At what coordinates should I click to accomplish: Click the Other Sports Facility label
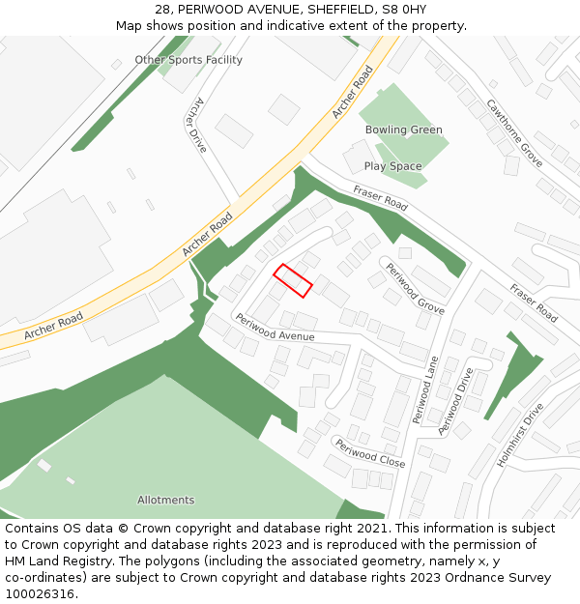click(x=188, y=60)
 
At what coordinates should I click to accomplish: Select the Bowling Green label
click(x=403, y=129)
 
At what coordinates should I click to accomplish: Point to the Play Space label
click(x=392, y=166)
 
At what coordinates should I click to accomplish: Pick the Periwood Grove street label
click(x=415, y=288)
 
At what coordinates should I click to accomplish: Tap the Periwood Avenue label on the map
click(x=275, y=328)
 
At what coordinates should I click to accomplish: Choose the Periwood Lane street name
click(x=425, y=389)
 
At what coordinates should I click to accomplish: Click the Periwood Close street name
click(x=369, y=452)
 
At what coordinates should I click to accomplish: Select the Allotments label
click(x=165, y=500)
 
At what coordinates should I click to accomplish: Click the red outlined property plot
click(x=293, y=280)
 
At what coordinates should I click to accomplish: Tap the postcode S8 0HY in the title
click(x=405, y=9)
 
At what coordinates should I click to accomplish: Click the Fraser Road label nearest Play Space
click(x=380, y=197)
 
